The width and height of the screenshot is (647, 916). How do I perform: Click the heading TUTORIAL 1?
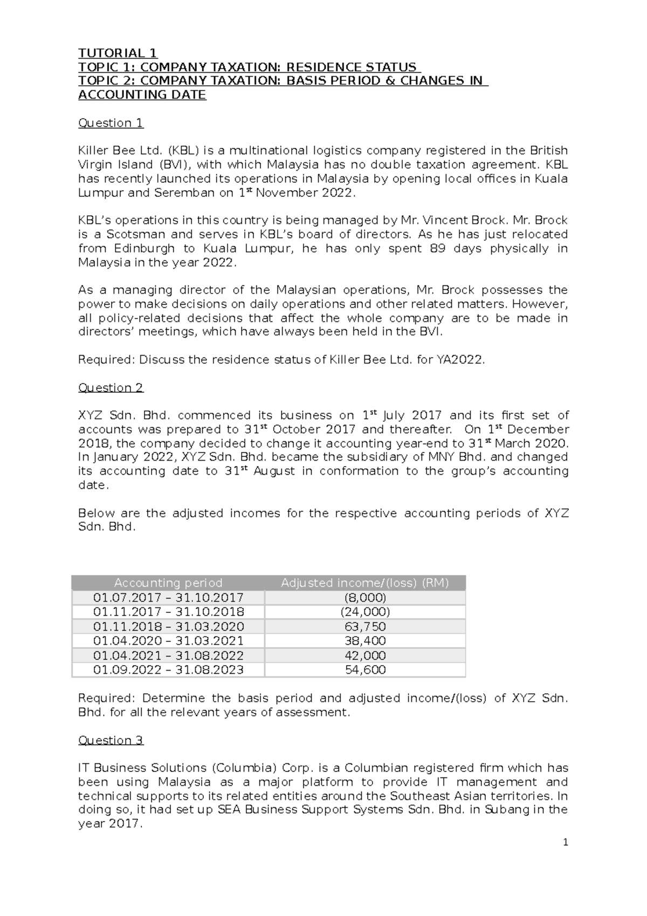tap(118, 53)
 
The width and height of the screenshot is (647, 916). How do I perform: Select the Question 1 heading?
tap(111, 123)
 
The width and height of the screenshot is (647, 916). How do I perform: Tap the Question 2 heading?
tap(111, 388)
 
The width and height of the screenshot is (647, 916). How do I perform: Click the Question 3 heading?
tap(111, 740)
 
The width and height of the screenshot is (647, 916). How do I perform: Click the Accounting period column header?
tap(168, 583)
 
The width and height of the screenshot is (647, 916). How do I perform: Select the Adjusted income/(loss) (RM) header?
tap(365, 583)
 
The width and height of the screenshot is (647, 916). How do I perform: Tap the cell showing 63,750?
tap(365, 627)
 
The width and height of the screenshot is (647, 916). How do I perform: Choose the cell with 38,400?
tap(365, 641)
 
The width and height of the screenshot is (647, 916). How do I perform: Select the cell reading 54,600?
tap(365, 670)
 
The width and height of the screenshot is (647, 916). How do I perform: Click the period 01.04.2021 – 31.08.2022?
tap(168, 655)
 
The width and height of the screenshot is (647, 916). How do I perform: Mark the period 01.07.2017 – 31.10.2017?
tap(168, 598)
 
